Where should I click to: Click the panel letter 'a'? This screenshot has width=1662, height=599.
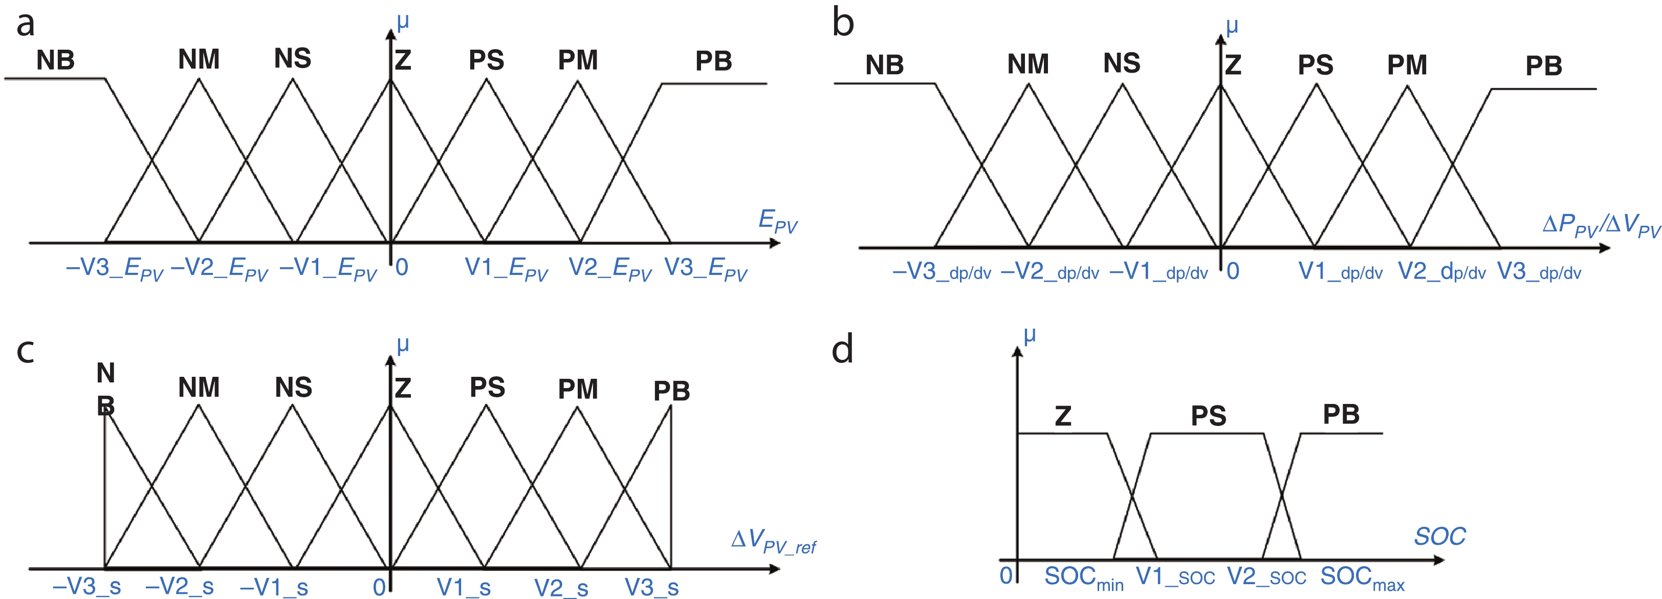point(25,25)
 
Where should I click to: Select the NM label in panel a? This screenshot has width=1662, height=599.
point(199,59)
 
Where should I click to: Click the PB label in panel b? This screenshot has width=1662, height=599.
point(1543,66)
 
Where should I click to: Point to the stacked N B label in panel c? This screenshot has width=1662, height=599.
point(106,389)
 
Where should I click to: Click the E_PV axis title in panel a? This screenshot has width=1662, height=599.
point(777,221)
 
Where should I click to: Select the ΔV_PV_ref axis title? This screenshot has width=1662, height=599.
point(774,542)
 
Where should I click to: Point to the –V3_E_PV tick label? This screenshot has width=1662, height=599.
point(114,268)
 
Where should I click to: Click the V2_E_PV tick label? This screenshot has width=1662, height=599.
point(610,268)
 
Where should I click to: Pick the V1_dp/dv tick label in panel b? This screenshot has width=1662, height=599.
point(1340,272)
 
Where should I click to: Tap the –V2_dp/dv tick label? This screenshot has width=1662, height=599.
point(1049,272)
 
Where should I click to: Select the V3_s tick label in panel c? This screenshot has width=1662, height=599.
point(651,587)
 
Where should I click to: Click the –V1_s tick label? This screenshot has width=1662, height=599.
point(274,587)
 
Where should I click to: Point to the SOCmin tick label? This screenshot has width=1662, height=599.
point(1083,577)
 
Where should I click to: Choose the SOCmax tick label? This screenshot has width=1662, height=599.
point(1362,577)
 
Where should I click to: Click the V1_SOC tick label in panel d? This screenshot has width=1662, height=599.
point(1175,576)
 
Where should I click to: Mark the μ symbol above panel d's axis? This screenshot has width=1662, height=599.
point(1030,335)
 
